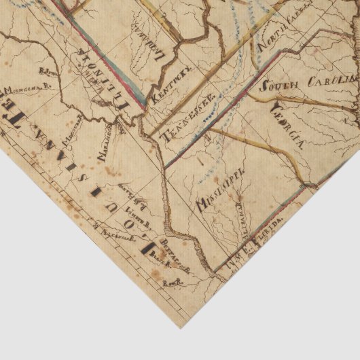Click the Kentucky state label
172,86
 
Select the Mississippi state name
220,189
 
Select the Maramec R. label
102,145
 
